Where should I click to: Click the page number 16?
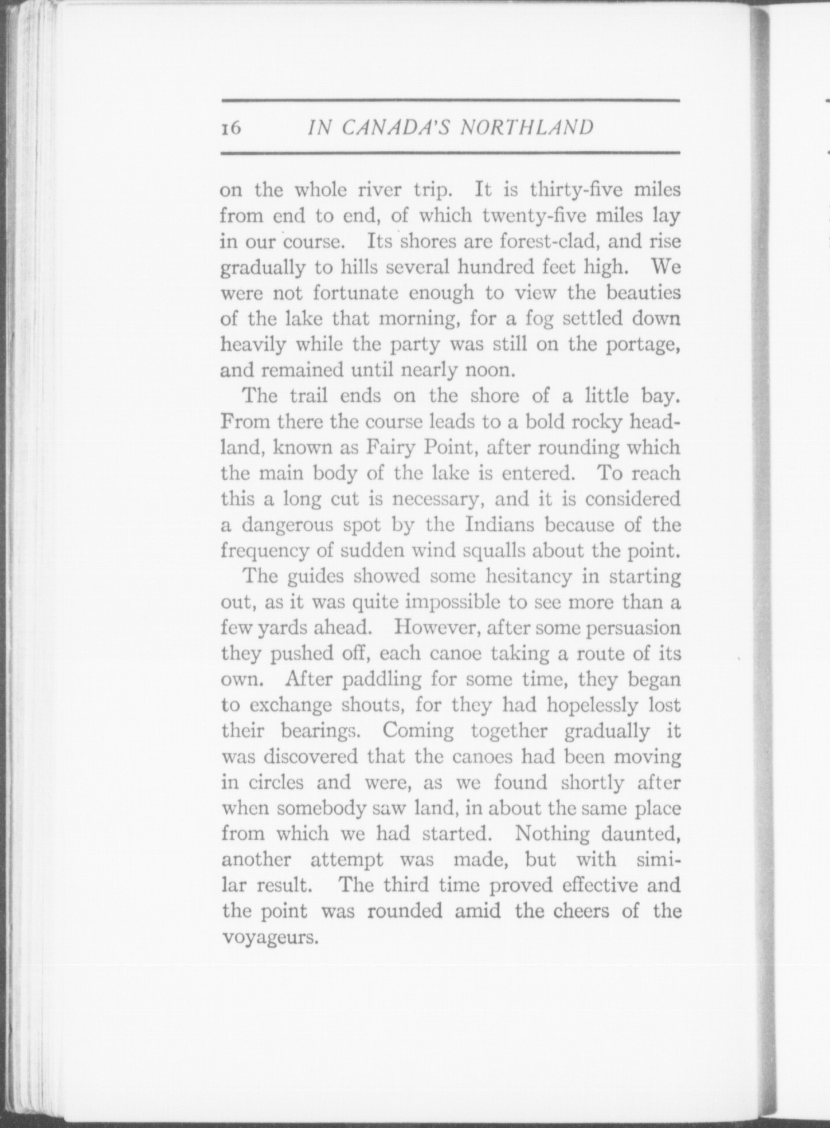[231, 128]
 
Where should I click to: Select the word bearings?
[326, 731]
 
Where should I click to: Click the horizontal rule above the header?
[450, 101]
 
